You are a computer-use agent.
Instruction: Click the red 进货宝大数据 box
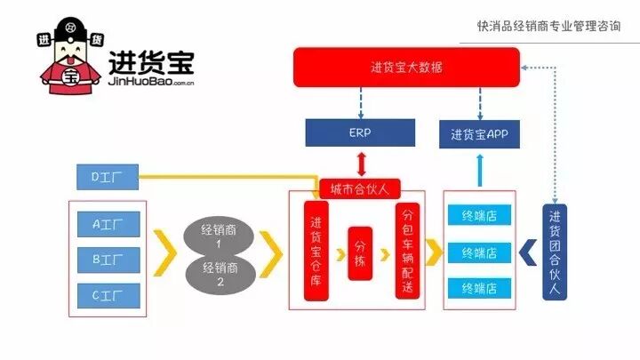pos(406,68)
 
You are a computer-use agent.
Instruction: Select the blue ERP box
pos(359,133)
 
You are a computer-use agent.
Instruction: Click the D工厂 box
pos(107,178)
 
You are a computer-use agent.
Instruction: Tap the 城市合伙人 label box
pos(359,188)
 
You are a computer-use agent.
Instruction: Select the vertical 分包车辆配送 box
pos(407,252)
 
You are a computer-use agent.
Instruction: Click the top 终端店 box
pos(479,215)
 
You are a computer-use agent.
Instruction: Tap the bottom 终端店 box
pos(479,288)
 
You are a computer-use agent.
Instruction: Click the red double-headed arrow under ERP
pos(359,164)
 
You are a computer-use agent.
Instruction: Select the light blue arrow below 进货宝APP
pos(479,170)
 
